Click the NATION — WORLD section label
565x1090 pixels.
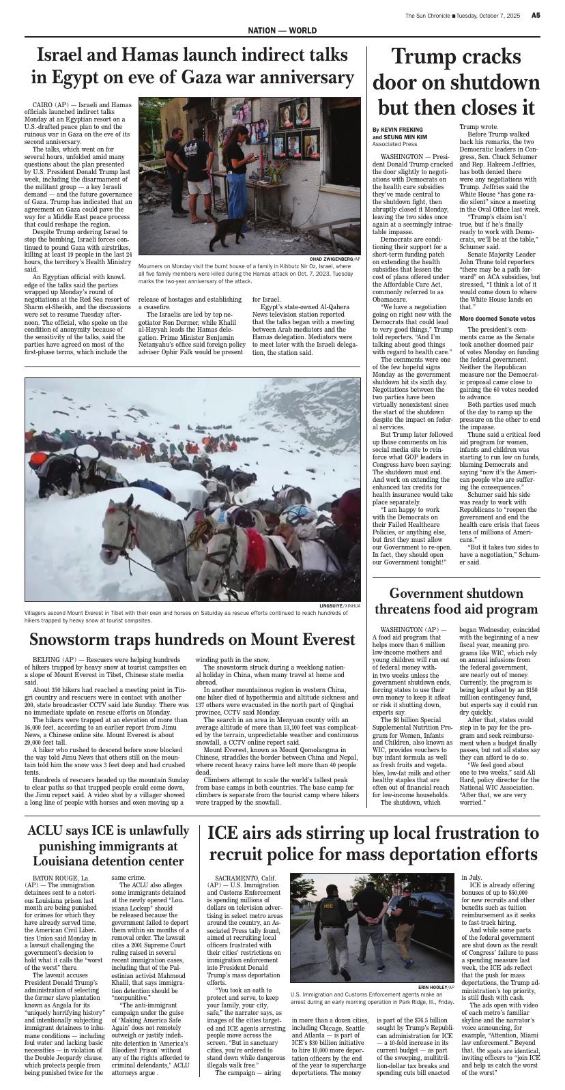(x=282, y=31)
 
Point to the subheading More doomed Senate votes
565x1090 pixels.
(x=497, y=318)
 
